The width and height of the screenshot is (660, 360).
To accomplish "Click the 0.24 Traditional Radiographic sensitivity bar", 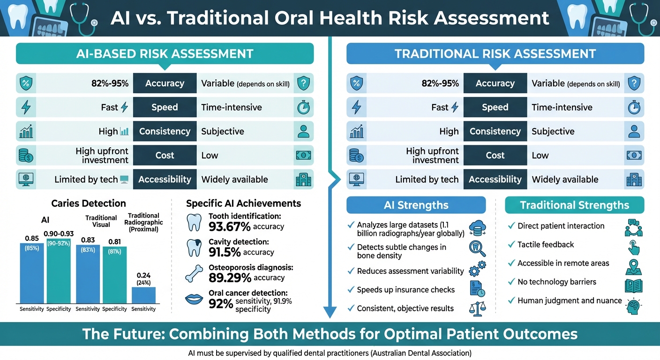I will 143,295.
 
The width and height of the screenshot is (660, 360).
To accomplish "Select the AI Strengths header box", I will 416,205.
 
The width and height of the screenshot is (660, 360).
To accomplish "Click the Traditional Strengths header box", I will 574,205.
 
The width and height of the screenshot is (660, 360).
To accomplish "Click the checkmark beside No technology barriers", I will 511,282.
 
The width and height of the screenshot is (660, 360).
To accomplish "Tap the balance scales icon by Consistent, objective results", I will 477,308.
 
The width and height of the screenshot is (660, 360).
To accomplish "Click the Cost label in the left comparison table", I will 165,155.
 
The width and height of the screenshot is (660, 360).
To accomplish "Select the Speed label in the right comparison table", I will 495,107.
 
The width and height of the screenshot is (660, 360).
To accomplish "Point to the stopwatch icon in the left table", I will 303,107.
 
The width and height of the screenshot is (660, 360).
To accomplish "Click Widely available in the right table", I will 565,179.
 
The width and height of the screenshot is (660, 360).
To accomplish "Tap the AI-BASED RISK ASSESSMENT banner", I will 165,53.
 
